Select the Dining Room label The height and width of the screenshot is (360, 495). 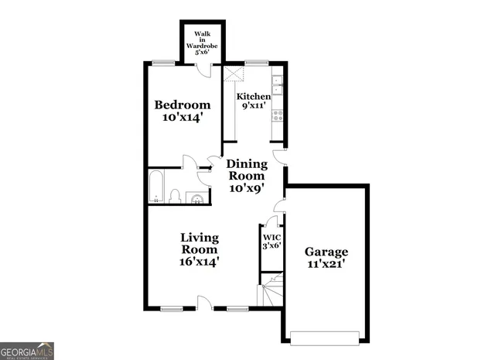click(x=247, y=176)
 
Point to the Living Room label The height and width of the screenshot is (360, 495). click(x=200, y=249)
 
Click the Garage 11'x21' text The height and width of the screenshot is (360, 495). click(x=326, y=258)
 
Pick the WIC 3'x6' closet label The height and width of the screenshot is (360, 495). click(x=271, y=242)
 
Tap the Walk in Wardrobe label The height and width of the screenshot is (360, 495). click(x=203, y=40)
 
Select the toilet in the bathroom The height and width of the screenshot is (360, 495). click(x=175, y=196)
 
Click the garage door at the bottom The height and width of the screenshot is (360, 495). click(x=326, y=336)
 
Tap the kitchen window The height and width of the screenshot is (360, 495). click(x=255, y=63)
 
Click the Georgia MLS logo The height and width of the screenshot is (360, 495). click(x=27, y=351)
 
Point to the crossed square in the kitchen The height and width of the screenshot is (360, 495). click(x=234, y=74)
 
